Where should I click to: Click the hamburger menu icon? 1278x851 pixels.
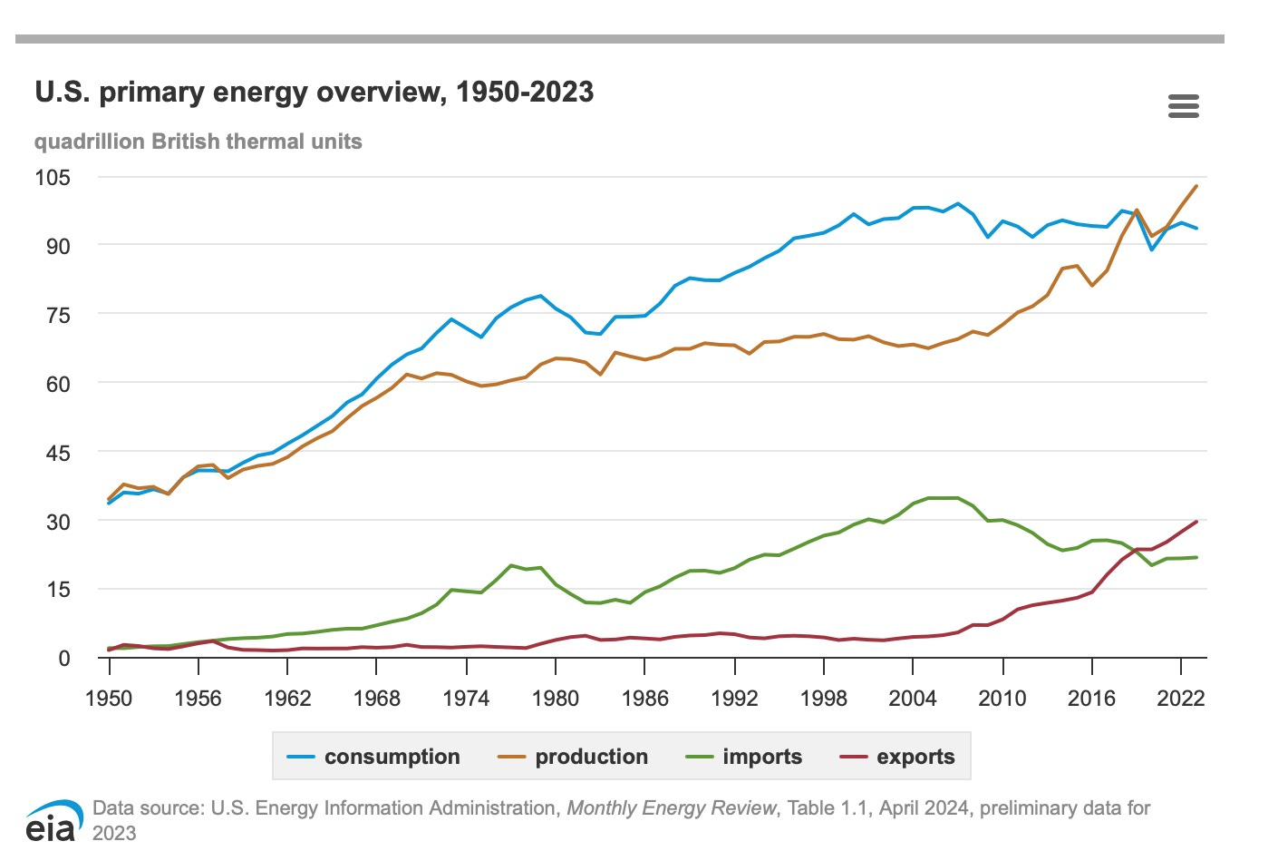(x=1183, y=106)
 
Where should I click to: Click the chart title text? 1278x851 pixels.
(x=314, y=92)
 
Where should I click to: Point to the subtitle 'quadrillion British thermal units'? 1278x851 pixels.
(x=198, y=142)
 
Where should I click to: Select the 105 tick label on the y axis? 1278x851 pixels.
(x=53, y=177)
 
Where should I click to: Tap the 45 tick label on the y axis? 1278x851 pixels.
(x=57, y=453)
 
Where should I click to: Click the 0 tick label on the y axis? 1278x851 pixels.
(x=63, y=658)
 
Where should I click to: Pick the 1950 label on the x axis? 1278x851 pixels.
(x=109, y=698)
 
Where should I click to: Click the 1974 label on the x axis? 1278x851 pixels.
(x=466, y=698)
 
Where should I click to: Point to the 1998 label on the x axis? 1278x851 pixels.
(x=823, y=698)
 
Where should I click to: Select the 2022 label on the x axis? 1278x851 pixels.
(x=1180, y=698)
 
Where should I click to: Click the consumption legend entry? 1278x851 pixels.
(x=373, y=757)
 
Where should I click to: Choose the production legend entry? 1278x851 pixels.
(x=574, y=757)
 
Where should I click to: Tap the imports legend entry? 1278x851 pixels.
(x=744, y=757)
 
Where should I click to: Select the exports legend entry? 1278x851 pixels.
(x=897, y=757)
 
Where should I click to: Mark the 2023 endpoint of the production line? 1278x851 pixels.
(x=1196, y=186)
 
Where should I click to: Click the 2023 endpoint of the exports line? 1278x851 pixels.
(x=1196, y=522)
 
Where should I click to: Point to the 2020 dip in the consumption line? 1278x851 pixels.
(x=1152, y=249)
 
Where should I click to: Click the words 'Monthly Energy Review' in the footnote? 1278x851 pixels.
(x=672, y=807)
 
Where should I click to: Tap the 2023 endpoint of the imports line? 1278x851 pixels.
(x=1196, y=557)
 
